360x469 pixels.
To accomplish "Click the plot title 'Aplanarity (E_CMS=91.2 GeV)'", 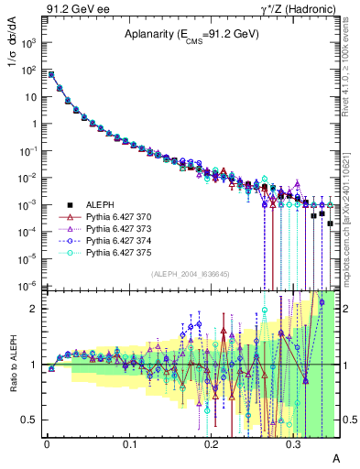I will tap(192, 36).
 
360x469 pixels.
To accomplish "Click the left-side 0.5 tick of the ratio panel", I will tap(34, 420).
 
